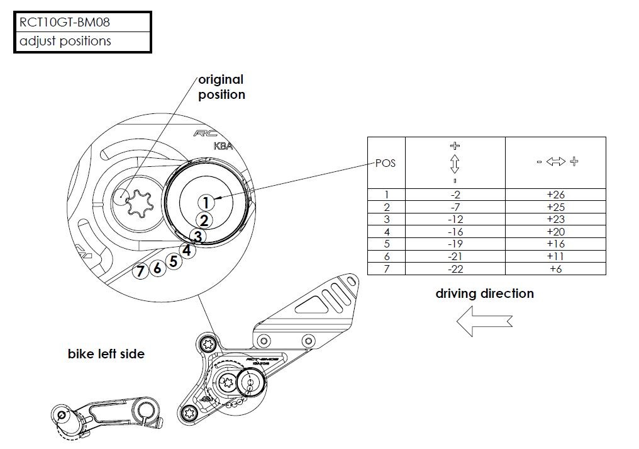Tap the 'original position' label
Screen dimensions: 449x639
click(221, 87)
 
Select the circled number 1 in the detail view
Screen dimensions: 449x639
click(205, 202)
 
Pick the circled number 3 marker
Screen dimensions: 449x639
click(197, 237)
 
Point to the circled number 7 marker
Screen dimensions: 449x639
click(140, 271)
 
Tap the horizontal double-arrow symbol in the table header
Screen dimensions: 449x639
click(557, 162)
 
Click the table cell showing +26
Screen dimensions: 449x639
click(555, 195)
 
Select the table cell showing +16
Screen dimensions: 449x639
click(555, 244)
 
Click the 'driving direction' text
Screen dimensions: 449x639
click(484, 293)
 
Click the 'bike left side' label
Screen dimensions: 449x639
click(106, 354)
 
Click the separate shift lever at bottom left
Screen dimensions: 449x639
click(107, 413)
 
